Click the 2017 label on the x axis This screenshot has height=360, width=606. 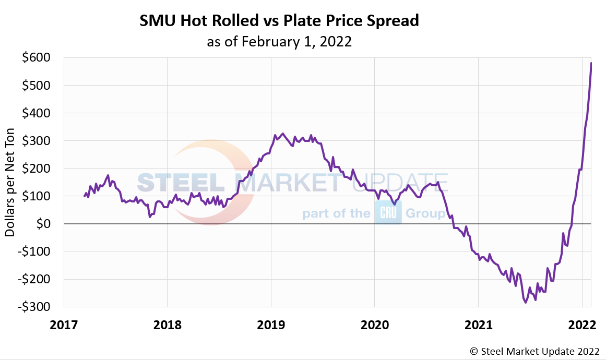click(x=64, y=325)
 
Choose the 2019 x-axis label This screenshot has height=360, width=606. click(x=271, y=325)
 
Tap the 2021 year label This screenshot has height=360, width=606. click(x=479, y=325)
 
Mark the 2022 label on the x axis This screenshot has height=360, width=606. click(x=582, y=325)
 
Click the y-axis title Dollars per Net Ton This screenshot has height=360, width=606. click(x=10, y=182)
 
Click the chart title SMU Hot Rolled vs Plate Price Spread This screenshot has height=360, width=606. click(x=279, y=21)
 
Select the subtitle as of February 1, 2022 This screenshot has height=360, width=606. click(x=279, y=42)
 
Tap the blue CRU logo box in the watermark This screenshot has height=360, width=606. click(x=388, y=213)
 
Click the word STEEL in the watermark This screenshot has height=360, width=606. click(x=181, y=182)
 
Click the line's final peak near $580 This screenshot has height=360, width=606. click(x=591, y=63)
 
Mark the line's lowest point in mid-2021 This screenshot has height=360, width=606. click(x=526, y=303)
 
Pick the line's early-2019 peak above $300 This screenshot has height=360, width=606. click(x=283, y=134)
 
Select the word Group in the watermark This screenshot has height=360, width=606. click(x=425, y=213)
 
